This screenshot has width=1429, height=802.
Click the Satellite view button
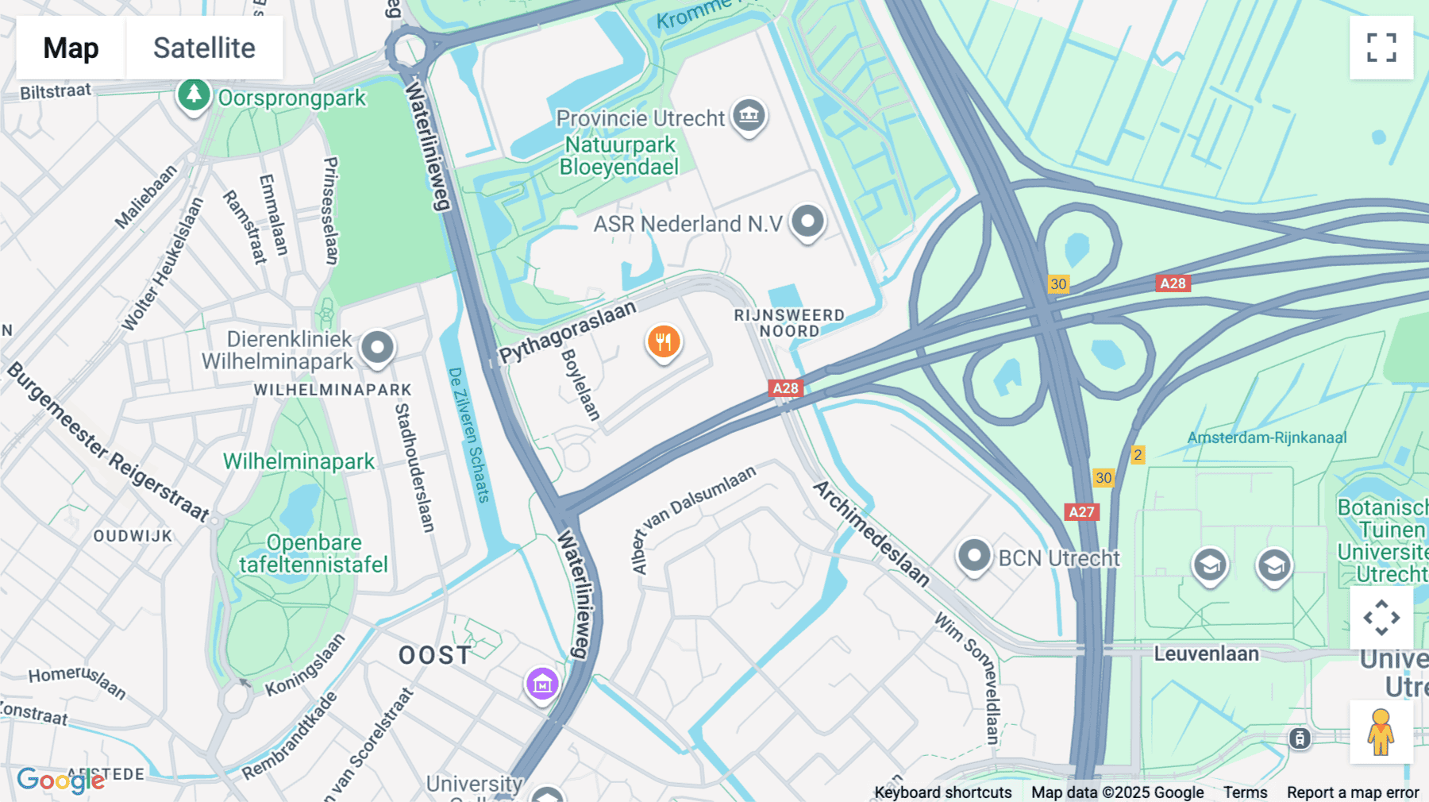204,48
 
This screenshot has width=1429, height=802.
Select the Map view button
71,48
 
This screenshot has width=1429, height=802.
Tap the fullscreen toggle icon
1381,48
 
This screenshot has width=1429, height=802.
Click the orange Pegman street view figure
1381,731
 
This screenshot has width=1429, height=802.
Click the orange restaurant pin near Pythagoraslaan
664,342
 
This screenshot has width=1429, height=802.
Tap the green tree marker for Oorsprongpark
193,95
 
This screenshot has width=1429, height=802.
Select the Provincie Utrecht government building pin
749,116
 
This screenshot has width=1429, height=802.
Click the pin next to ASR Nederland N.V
807,222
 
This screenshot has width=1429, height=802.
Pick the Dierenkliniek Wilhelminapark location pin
377,348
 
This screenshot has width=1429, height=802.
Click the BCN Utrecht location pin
974,556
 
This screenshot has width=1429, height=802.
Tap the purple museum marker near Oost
542,683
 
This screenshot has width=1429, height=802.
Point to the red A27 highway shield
1081,511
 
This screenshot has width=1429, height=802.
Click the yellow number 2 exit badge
1138,455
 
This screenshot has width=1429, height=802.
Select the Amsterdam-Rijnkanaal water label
1266,438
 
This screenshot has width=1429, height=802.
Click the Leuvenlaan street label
1206,654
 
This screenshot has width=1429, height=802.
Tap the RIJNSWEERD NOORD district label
789,323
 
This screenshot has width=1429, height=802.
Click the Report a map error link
1352,792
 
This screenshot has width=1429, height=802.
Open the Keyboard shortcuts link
942,792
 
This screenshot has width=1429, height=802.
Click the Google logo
60,781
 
